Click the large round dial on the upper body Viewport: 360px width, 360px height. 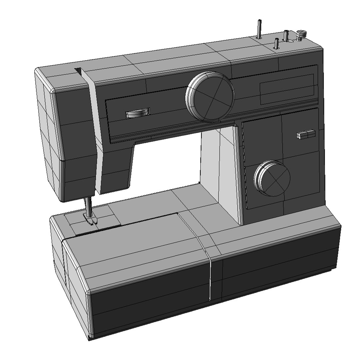pyautogui.click(x=210, y=97)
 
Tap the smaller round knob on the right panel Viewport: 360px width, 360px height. pyautogui.click(x=272, y=179)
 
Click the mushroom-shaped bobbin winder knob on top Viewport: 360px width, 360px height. pyautogui.click(x=301, y=34)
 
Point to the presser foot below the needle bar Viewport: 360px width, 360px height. pyautogui.click(x=90, y=220)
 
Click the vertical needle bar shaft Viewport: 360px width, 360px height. pyautogui.click(x=88, y=207)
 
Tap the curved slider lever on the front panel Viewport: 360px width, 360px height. pyautogui.click(x=138, y=113)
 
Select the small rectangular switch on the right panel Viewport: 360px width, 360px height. pyautogui.click(x=306, y=134)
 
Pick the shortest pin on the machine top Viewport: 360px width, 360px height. pyautogui.click(x=276, y=44)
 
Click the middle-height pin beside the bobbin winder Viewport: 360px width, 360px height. pyautogui.click(x=286, y=35)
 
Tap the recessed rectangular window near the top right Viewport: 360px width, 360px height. pyautogui.click(x=287, y=89)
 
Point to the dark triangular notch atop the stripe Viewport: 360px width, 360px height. pyautogui.click(x=79, y=71)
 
